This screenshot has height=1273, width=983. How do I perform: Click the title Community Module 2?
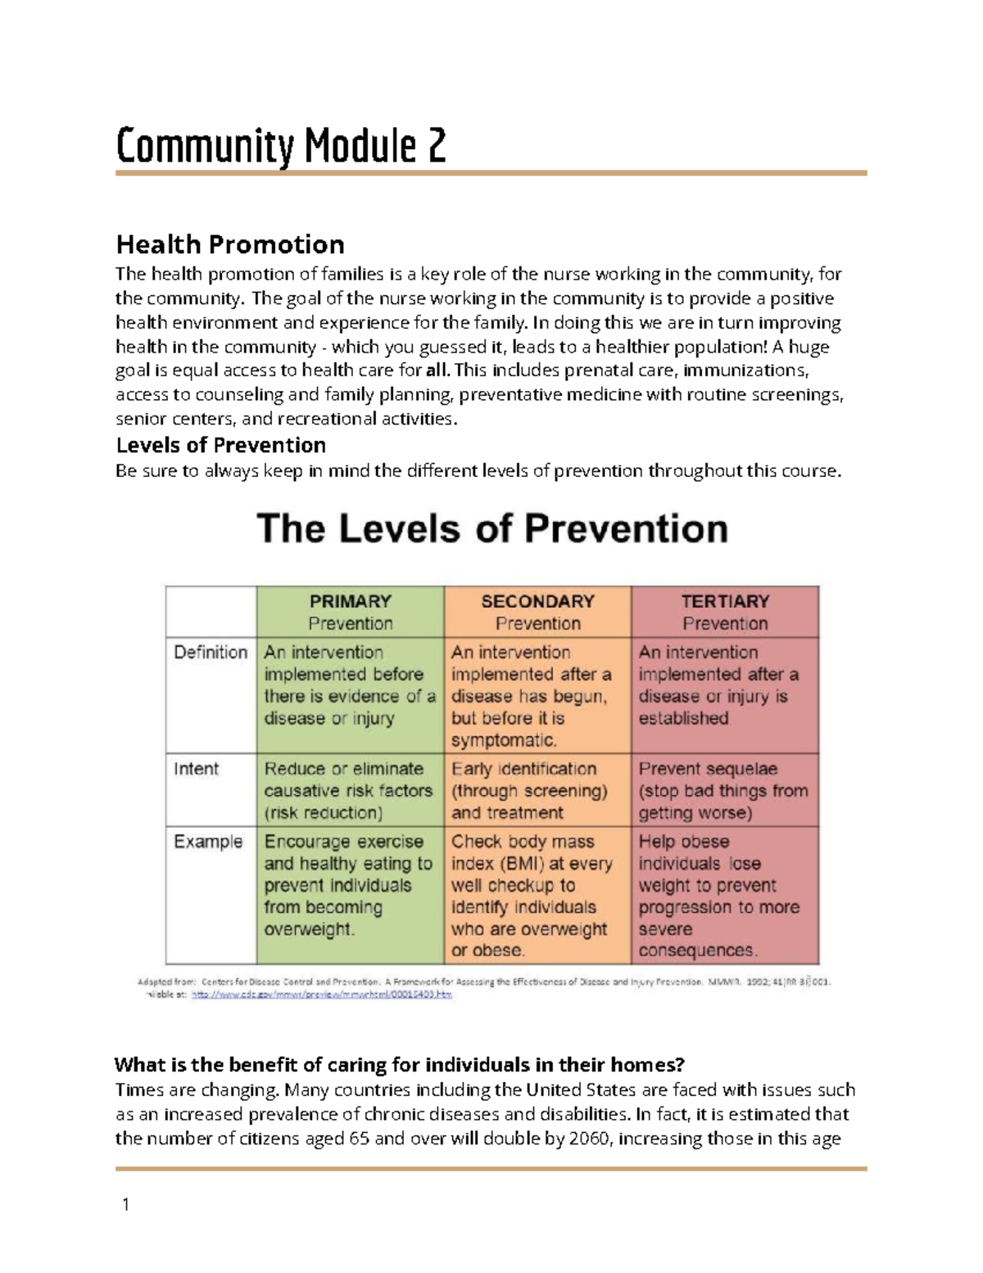coord(281,147)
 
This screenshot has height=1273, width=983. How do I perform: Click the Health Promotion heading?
coord(230,244)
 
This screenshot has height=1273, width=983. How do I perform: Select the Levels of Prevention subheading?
coord(221,445)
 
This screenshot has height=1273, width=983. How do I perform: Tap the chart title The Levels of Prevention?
coord(492,529)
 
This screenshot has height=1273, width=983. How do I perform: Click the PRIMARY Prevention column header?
coord(350,611)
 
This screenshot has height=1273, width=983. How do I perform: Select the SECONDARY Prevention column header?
coord(537,611)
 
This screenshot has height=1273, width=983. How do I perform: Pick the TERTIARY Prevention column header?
coord(725,611)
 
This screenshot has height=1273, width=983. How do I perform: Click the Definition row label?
coord(211,652)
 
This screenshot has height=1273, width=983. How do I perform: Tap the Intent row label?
coord(197,769)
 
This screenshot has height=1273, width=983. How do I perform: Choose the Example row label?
coord(208,842)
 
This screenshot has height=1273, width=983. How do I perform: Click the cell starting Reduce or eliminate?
coord(348,790)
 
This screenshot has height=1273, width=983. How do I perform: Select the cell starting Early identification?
coord(530,790)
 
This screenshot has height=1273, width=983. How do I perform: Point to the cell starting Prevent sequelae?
coord(723,790)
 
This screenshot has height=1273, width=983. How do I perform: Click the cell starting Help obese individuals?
coord(718,895)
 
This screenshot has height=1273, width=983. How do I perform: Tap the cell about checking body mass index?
coord(532,895)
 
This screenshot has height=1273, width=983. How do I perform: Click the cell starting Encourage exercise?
coord(347,885)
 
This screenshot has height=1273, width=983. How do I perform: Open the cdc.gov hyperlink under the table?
coord(321,994)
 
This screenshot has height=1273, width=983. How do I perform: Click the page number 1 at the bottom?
coord(125,1204)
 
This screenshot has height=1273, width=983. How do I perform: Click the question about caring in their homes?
coord(399,1065)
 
